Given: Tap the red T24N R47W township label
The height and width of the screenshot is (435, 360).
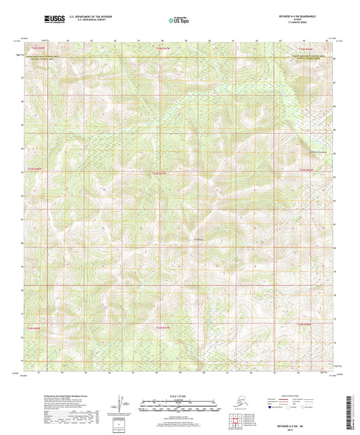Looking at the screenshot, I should pos(160,49).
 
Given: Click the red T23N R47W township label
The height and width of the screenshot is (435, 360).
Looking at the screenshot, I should pos(159,173).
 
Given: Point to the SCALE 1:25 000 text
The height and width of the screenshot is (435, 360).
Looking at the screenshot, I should pos(178,396).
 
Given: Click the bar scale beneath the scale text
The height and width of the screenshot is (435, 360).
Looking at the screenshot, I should pos(178,407).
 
